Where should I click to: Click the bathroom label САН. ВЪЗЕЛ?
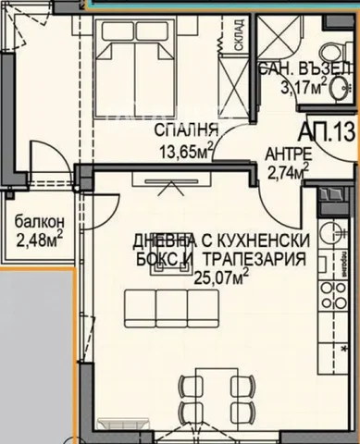pos(306,71)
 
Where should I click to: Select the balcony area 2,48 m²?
pos(38,240)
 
